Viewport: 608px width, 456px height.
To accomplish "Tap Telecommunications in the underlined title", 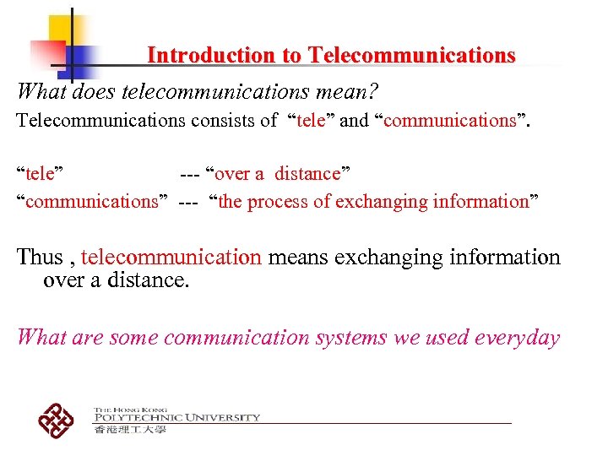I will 411,56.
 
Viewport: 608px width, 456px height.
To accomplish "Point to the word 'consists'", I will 221,120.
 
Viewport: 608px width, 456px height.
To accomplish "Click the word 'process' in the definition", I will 290,201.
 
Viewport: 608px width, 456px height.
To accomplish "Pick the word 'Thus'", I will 41,257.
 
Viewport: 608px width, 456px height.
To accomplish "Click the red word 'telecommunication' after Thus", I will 171,257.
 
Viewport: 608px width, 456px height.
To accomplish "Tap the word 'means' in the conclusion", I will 298,257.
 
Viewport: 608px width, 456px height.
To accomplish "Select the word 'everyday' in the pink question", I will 517,338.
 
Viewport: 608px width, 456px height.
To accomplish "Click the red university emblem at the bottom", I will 57,420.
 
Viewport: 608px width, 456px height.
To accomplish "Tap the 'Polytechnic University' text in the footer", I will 177,417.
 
